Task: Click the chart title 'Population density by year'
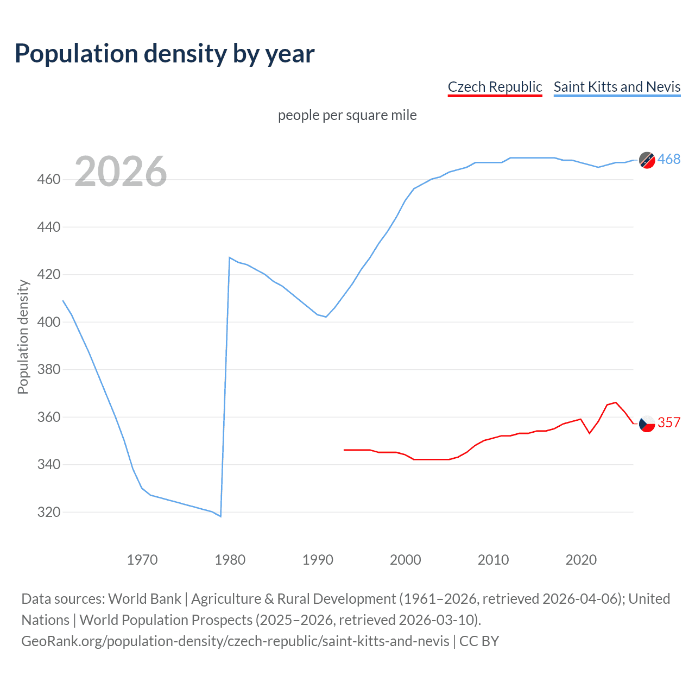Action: [x=165, y=54]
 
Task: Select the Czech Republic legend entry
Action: [x=495, y=87]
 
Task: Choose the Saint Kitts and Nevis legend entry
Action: [x=617, y=87]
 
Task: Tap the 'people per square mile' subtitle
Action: [x=347, y=115]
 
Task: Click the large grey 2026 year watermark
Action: [x=121, y=172]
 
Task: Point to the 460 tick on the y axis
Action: [x=48, y=179]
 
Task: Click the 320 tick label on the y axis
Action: [x=48, y=512]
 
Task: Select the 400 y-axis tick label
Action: [x=48, y=322]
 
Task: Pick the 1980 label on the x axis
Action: [x=230, y=560]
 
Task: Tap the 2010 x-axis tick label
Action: [x=493, y=560]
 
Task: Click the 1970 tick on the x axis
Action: [x=142, y=560]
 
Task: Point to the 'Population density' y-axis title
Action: [x=23, y=337]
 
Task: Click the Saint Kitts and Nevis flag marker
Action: [x=647, y=160]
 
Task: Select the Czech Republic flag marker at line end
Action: [x=647, y=424]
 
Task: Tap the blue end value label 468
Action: [x=669, y=159]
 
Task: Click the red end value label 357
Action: [x=669, y=422]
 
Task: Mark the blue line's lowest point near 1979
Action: [x=220, y=516]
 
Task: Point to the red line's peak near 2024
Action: [x=615, y=402]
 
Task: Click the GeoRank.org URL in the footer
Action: [x=235, y=641]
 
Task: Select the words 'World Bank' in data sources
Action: [x=144, y=599]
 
